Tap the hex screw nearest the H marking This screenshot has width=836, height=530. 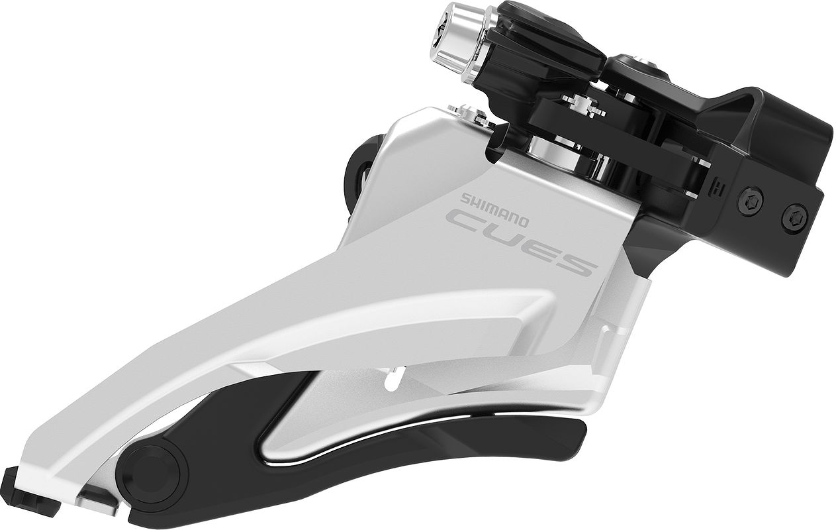(752, 198)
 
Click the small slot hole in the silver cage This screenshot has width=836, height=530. (393, 382)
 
